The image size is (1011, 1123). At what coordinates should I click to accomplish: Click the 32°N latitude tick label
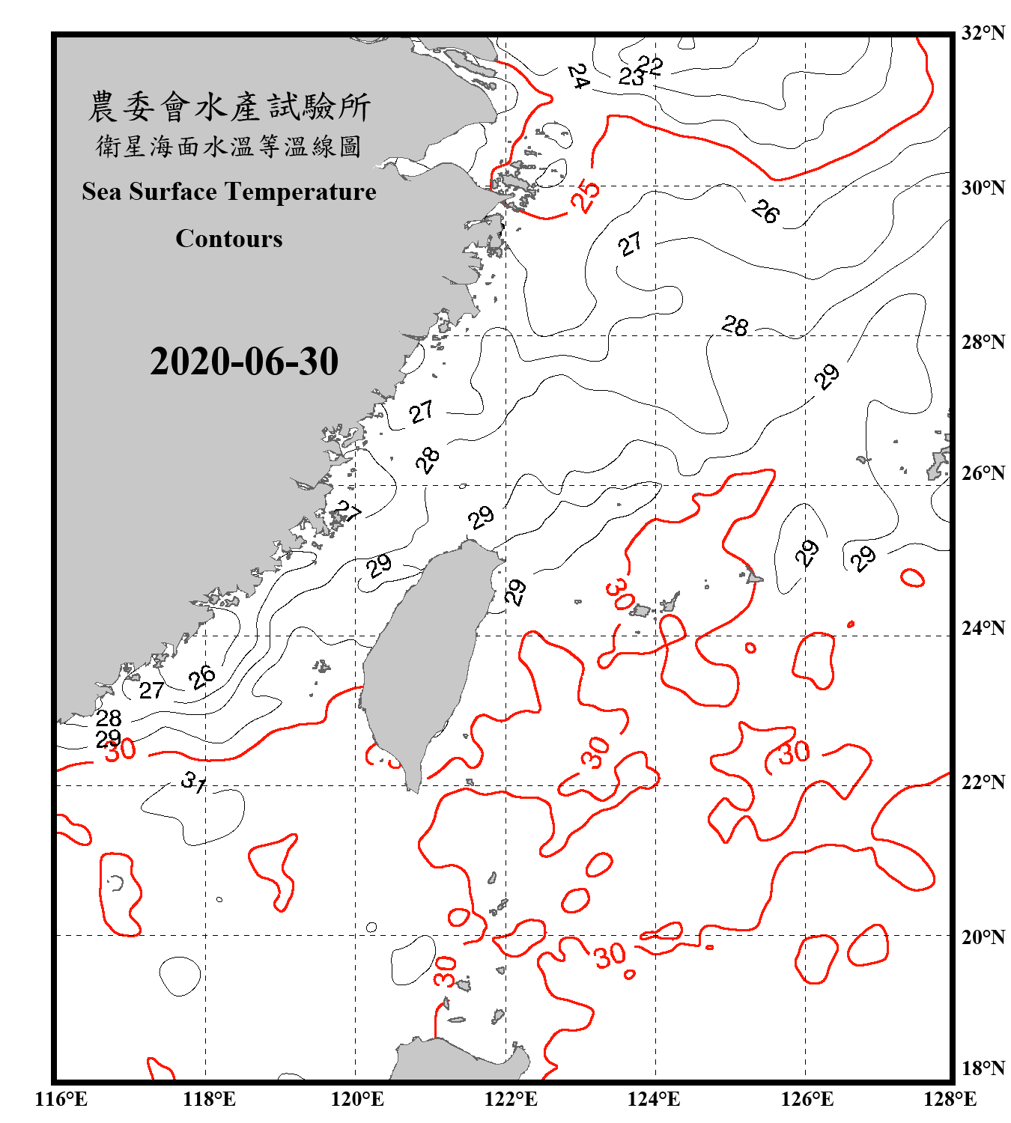pyautogui.click(x=983, y=33)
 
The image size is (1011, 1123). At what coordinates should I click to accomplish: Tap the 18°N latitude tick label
pyautogui.click(x=983, y=1068)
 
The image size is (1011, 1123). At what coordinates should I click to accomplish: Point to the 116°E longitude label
pyautogui.click(x=61, y=1099)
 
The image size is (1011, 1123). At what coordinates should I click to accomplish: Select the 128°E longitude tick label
pyautogui.click(x=950, y=1099)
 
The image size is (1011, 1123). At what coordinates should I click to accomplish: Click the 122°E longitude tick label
pyautogui.click(x=511, y=1099)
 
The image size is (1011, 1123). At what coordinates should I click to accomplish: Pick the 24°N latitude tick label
pyautogui.click(x=983, y=627)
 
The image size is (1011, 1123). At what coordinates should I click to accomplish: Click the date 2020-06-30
pyautogui.click(x=244, y=362)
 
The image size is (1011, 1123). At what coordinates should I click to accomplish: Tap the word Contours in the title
pyautogui.click(x=229, y=239)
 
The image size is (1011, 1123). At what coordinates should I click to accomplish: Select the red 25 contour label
pyautogui.click(x=586, y=196)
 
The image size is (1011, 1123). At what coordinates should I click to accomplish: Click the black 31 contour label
pyautogui.click(x=194, y=782)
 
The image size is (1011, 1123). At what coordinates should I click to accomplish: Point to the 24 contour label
pyautogui.click(x=577, y=76)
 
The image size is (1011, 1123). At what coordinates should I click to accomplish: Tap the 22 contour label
pyautogui.click(x=650, y=66)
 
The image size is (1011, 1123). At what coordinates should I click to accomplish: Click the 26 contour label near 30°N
pyautogui.click(x=765, y=212)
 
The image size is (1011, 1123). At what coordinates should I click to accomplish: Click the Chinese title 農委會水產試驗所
pyautogui.click(x=229, y=107)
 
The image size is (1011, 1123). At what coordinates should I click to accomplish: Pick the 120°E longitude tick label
pyautogui.click(x=357, y=1099)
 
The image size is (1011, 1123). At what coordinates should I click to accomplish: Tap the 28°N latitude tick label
pyautogui.click(x=983, y=342)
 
